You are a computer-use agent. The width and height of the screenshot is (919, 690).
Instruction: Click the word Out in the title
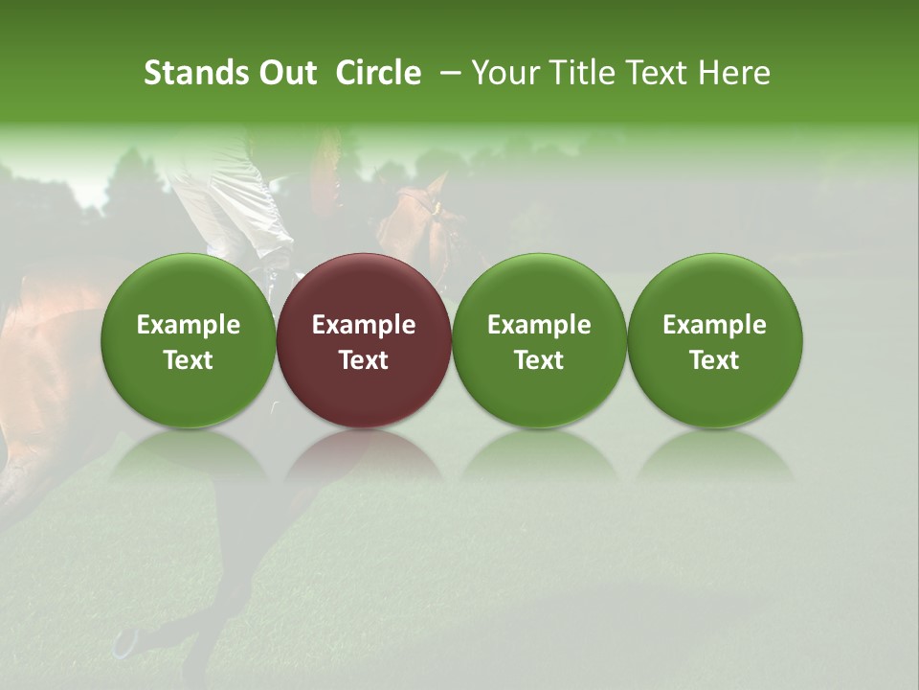[284, 73]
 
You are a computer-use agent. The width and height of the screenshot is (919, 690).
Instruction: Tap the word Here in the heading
[735, 73]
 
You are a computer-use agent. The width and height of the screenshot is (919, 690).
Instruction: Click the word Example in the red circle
[364, 325]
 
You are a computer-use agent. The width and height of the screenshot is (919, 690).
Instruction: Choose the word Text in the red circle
[364, 360]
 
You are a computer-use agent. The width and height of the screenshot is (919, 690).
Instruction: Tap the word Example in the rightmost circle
[715, 325]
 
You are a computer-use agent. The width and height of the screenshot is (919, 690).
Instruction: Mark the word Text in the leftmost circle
[189, 360]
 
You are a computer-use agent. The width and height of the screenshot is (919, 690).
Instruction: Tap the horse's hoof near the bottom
[125, 643]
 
